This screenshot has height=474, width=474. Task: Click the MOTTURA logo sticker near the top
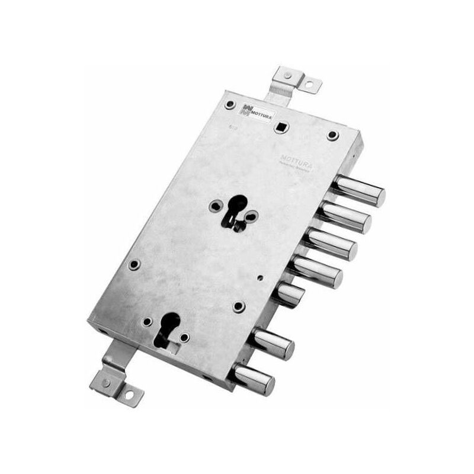point(255,110)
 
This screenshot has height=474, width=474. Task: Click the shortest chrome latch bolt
point(290,294)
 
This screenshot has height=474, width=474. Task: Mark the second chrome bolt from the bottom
point(273,343)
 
